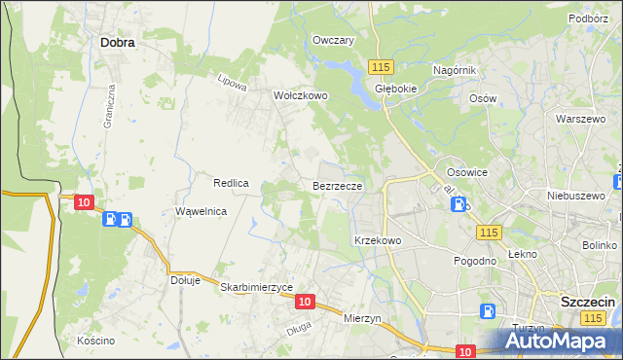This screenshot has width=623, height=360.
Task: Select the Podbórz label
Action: pos(588,18)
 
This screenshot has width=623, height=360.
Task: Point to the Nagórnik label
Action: pos(454,70)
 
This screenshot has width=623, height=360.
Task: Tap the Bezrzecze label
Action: pos(338,185)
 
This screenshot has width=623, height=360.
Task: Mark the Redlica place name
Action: pos(233,182)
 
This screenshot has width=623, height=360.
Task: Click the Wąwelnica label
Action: pos(201,211)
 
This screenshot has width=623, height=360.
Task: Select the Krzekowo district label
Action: pos(378,239)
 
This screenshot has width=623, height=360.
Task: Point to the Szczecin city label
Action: pos(588,302)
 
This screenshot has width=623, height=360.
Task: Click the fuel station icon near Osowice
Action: pos(460,204)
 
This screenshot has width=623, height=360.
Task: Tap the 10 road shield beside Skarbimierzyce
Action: pos(305,303)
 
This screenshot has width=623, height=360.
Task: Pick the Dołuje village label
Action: pos(185,280)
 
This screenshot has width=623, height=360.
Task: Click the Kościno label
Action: pos(97,341)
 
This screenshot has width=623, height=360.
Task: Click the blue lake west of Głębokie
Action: pos(340,67)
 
